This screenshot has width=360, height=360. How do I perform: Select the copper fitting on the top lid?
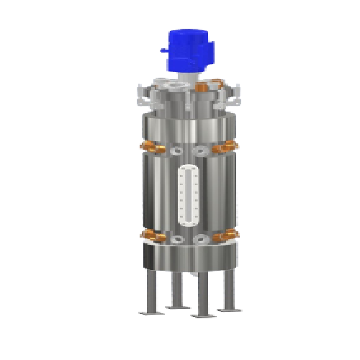[x=202, y=86]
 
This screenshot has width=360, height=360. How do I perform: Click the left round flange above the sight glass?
[x=176, y=151]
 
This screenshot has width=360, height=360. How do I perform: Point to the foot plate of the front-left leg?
[x=150, y=311]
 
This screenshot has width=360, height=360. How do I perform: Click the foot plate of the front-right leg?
[x=201, y=315]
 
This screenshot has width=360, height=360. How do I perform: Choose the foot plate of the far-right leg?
[x=228, y=308]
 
